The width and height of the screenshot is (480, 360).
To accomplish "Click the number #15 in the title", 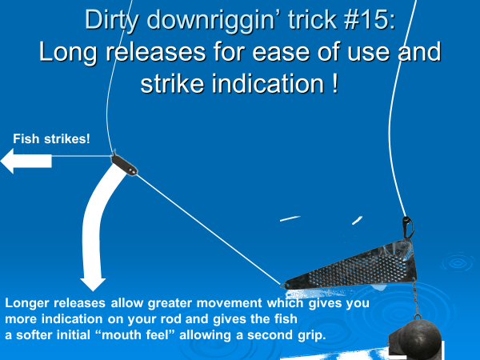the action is pyautogui.click(x=370, y=20).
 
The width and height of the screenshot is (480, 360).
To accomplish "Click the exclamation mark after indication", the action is pyautogui.click(x=335, y=83).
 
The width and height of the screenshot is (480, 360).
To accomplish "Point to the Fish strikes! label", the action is pyautogui.click(x=51, y=138).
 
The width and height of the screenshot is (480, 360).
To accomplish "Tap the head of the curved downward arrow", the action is pyautogui.click(x=93, y=284).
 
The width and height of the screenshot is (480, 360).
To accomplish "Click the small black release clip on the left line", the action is pyautogui.click(x=124, y=164).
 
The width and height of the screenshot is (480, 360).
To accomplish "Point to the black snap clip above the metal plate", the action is pyautogui.click(x=407, y=227).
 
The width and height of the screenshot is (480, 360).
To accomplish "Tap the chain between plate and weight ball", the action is pyautogui.click(x=415, y=298).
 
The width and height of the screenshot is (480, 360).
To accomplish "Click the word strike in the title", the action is pyautogui.click(x=172, y=83).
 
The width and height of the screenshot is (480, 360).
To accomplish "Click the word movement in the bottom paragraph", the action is pyautogui.click(x=229, y=303).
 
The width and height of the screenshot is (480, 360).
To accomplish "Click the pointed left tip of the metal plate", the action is pyautogui.click(x=282, y=286).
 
